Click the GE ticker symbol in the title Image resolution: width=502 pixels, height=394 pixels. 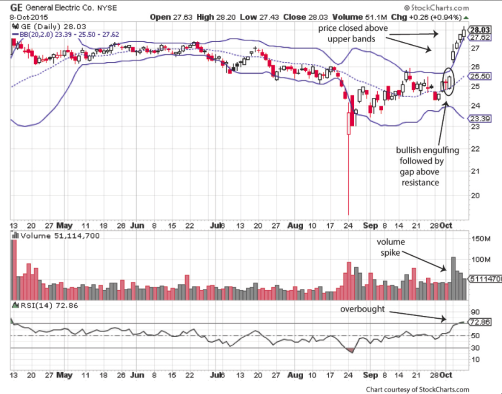point(16,7)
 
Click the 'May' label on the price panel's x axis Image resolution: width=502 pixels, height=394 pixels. point(64,225)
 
